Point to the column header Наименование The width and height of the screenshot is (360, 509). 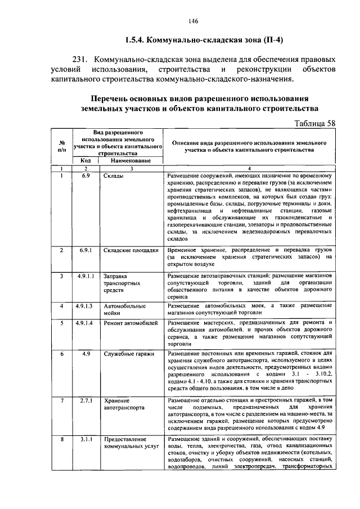point(130,161)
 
